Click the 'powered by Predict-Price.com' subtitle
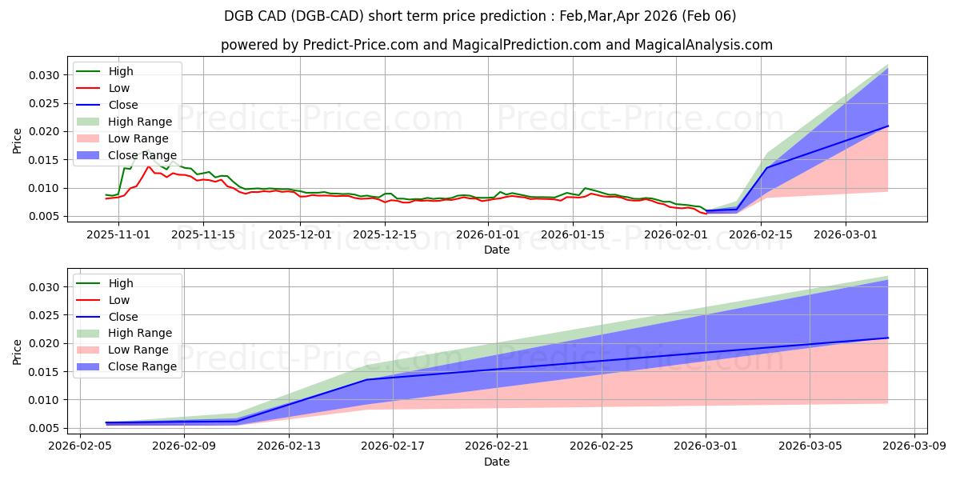pyautogui.click(x=496, y=45)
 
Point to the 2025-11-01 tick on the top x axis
pyautogui.click(x=118, y=234)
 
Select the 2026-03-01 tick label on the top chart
pyautogui.click(x=846, y=234)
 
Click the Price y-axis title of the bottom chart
pyautogui.click(x=18, y=351)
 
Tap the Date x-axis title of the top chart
pyautogui.click(x=496, y=250)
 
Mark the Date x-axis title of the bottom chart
pyautogui.click(x=496, y=462)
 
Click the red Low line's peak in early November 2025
pyautogui.click(x=148, y=166)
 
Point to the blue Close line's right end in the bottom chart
pyautogui.click(x=887, y=338)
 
